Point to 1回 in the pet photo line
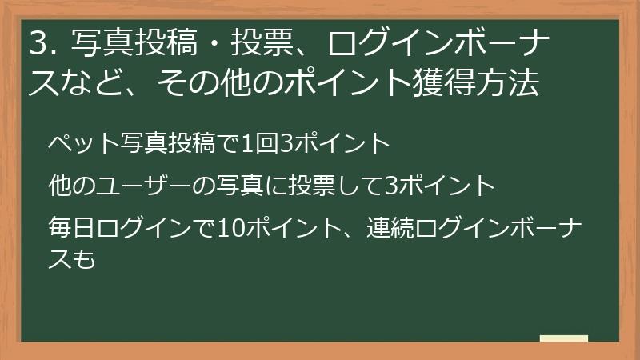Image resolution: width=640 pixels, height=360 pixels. click(258, 145)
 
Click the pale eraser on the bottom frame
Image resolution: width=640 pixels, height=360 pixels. click(563, 338)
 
